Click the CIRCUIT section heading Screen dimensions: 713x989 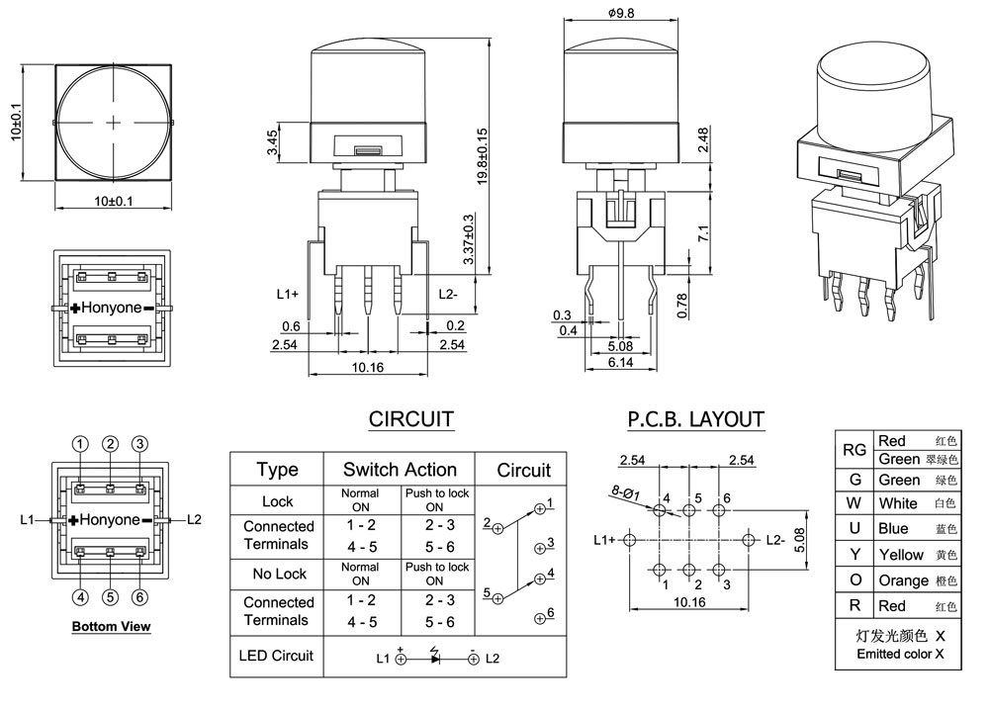tap(410, 418)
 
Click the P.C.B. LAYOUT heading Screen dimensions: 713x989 tap(695, 418)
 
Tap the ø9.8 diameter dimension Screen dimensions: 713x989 tap(620, 14)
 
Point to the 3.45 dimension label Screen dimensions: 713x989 tap(272, 144)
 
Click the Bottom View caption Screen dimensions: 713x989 tap(111, 626)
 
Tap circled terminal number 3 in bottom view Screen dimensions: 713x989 tap(140, 444)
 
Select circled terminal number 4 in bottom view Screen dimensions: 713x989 tap(81, 596)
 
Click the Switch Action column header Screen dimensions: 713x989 tap(400, 470)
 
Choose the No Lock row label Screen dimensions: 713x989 tap(278, 575)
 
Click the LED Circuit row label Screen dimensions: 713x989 tap(276, 656)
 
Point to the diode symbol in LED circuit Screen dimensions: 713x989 tap(435, 658)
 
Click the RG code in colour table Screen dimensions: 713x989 tap(854, 450)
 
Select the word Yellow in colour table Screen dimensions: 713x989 tap(900, 555)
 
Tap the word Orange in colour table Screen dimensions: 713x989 tap(903, 580)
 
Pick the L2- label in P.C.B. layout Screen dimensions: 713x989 tap(776, 540)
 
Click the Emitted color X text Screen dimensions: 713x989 tap(900, 654)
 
